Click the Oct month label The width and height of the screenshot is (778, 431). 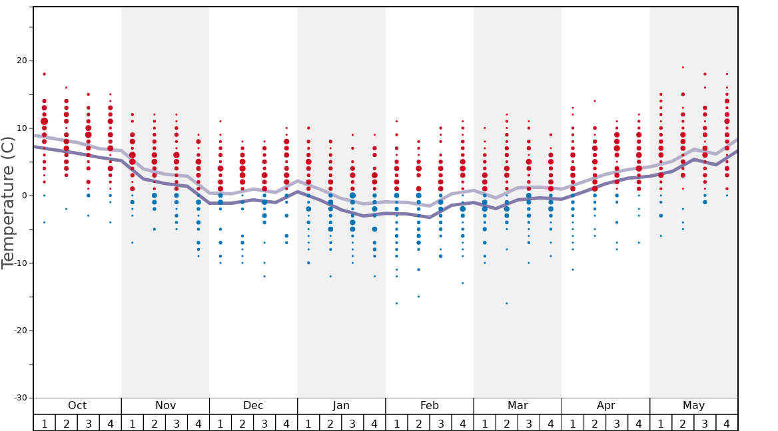[77, 406]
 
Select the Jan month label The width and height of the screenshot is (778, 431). [341, 406]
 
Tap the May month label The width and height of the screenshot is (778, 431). [693, 406]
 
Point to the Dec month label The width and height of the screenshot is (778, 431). [253, 406]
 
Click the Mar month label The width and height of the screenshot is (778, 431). [518, 406]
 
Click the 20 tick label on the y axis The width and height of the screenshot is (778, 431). [22, 61]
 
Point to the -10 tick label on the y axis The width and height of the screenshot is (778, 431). [20, 263]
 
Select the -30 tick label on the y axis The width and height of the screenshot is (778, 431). [20, 398]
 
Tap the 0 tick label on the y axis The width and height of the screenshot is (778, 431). [25, 196]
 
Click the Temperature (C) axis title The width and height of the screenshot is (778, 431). [8, 203]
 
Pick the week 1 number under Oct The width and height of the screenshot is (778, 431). [44, 424]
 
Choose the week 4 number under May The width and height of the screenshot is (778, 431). [727, 424]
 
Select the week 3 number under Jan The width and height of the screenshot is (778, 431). [352, 424]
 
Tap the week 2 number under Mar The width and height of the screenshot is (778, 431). [506, 424]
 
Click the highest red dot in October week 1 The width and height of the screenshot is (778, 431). [44, 74]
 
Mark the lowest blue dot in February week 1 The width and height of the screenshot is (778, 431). [396, 303]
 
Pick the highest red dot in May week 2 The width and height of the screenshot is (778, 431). [683, 67]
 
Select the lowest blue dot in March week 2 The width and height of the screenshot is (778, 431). [506, 303]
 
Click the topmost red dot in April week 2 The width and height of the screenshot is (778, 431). [595, 101]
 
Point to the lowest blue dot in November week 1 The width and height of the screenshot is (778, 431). [133, 243]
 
